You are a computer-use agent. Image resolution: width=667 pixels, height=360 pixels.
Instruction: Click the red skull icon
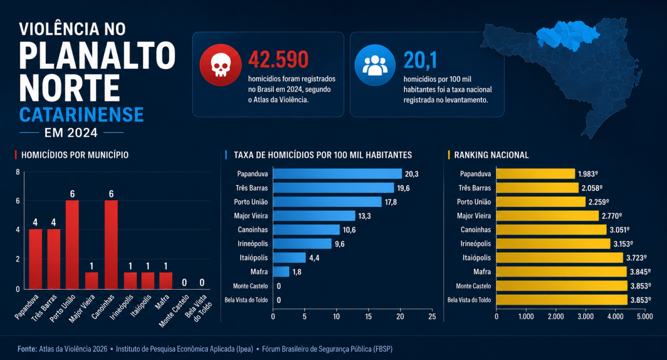click(x=221, y=65)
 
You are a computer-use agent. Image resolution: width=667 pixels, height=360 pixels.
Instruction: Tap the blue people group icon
click(x=375, y=65)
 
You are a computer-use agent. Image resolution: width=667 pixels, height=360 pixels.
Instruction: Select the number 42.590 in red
click(x=278, y=60)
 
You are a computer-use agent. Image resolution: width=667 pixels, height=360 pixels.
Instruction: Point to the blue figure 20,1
click(x=420, y=60)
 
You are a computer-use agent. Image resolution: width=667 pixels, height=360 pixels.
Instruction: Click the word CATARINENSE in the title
click(x=82, y=115)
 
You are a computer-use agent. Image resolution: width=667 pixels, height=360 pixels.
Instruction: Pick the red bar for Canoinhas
click(x=111, y=245)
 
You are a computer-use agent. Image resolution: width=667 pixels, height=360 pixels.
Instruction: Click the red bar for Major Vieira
click(x=92, y=281)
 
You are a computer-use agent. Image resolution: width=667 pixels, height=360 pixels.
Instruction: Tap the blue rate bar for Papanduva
click(x=338, y=174)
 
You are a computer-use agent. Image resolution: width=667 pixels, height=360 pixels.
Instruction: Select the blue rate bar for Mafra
click(x=281, y=272)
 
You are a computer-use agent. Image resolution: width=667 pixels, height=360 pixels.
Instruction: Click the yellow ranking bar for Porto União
click(x=541, y=202)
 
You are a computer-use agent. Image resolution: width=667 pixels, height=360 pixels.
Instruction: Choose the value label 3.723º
click(x=636, y=258)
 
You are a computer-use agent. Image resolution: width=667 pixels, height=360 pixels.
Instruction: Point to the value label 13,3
click(x=364, y=216)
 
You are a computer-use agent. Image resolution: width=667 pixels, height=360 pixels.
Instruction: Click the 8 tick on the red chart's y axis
click(x=18, y=172)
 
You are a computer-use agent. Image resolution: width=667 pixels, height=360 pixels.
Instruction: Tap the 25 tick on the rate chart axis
click(x=432, y=317)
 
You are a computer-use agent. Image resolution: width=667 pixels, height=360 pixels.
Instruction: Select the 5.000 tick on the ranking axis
click(x=645, y=317)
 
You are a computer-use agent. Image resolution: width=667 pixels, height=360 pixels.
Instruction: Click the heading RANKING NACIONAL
click(x=492, y=155)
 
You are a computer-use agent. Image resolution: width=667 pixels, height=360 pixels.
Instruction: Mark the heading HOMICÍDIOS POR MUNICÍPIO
click(x=75, y=155)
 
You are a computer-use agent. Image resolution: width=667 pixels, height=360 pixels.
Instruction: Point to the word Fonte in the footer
click(x=27, y=349)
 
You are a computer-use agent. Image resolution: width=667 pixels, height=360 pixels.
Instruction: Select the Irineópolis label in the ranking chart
click(x=476, y=244)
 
